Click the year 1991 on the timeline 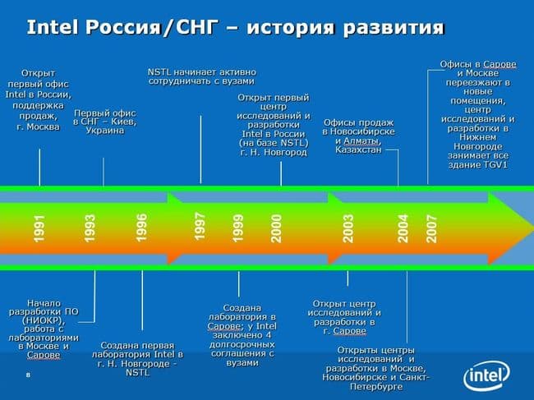(x=39, y=229)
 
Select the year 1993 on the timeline (x=90, y=228)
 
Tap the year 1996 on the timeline (x=142, y=228)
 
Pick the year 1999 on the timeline (x=238, y=228)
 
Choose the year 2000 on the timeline (x=277, y=228)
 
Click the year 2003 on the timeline (x=348, y=228)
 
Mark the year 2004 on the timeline (x=403, y=228)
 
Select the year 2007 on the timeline (x=432, y=228)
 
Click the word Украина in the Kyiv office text (x=104, y=130)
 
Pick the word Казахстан (x=358, y=149)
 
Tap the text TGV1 (x=492, y=163)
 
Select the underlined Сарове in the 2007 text (x=499, y=63)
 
